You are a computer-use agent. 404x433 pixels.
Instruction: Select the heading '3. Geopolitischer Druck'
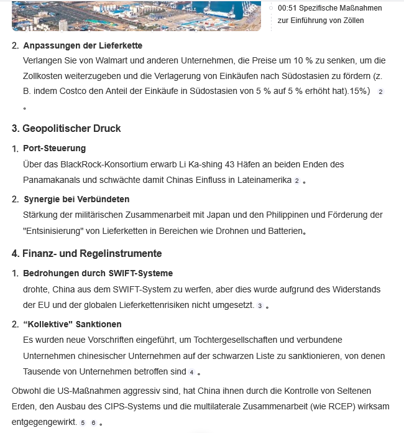67,128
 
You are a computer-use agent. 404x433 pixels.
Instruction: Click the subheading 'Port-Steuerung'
55,148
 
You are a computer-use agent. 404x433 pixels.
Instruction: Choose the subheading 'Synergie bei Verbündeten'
76,199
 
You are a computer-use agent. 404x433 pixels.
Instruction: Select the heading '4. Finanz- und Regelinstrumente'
87,253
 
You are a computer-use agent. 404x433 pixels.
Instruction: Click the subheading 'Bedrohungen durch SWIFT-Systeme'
98,273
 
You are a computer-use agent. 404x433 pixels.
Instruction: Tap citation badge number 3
260,305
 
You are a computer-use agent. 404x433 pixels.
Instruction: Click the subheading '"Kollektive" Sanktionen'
72,324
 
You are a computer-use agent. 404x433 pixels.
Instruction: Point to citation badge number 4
192,372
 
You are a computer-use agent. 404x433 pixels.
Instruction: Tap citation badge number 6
93,422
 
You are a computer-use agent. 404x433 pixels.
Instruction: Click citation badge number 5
83,422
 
